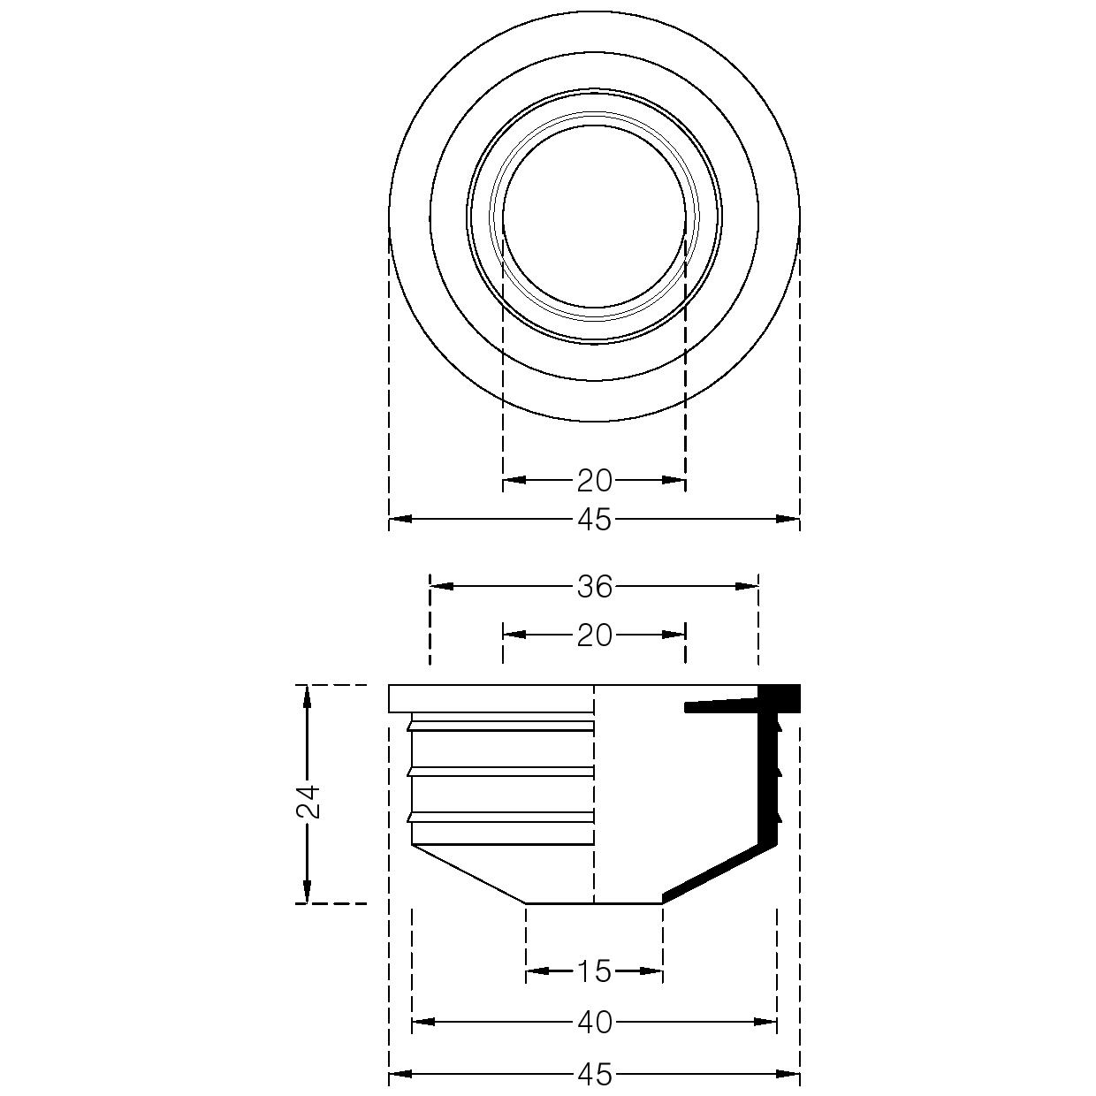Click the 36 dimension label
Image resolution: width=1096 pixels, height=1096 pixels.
594,587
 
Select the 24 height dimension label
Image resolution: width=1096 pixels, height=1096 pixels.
309,802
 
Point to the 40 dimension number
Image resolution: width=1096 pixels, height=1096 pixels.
595,1023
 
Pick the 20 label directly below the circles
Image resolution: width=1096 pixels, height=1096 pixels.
594,481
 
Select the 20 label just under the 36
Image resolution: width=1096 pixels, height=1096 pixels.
594,636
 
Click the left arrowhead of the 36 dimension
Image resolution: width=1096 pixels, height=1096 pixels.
442,586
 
